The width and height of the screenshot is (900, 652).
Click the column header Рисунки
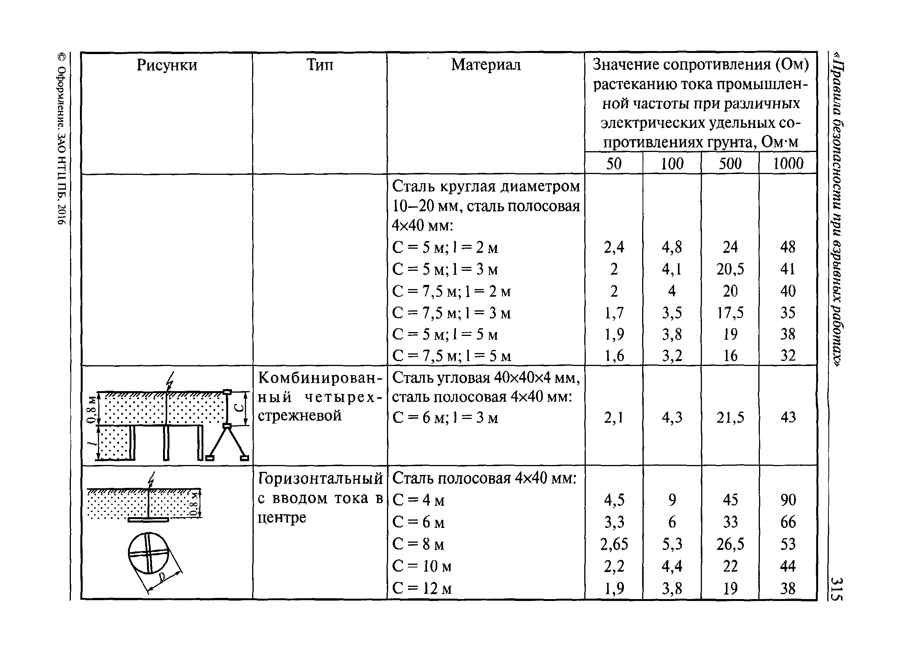point(167,65)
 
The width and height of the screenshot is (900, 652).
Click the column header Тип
point(320,65)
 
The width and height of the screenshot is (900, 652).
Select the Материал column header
point(486,65)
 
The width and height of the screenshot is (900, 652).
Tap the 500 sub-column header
point(730,163)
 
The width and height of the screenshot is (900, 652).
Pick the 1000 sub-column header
point(788,163)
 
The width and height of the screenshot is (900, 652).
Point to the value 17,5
point(730,313)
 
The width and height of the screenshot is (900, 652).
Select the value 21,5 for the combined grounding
point(730,417)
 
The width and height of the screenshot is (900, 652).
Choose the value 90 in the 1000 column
point(788,500)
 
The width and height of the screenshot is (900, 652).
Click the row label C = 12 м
point(422,588)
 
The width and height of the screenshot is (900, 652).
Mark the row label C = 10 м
point(422,566)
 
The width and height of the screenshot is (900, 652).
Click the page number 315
point(837,589)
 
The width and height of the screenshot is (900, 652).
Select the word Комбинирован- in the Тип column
point(320,378)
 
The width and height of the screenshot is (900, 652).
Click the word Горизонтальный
point(320,479)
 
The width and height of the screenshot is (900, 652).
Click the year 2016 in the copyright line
point(61,215)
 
